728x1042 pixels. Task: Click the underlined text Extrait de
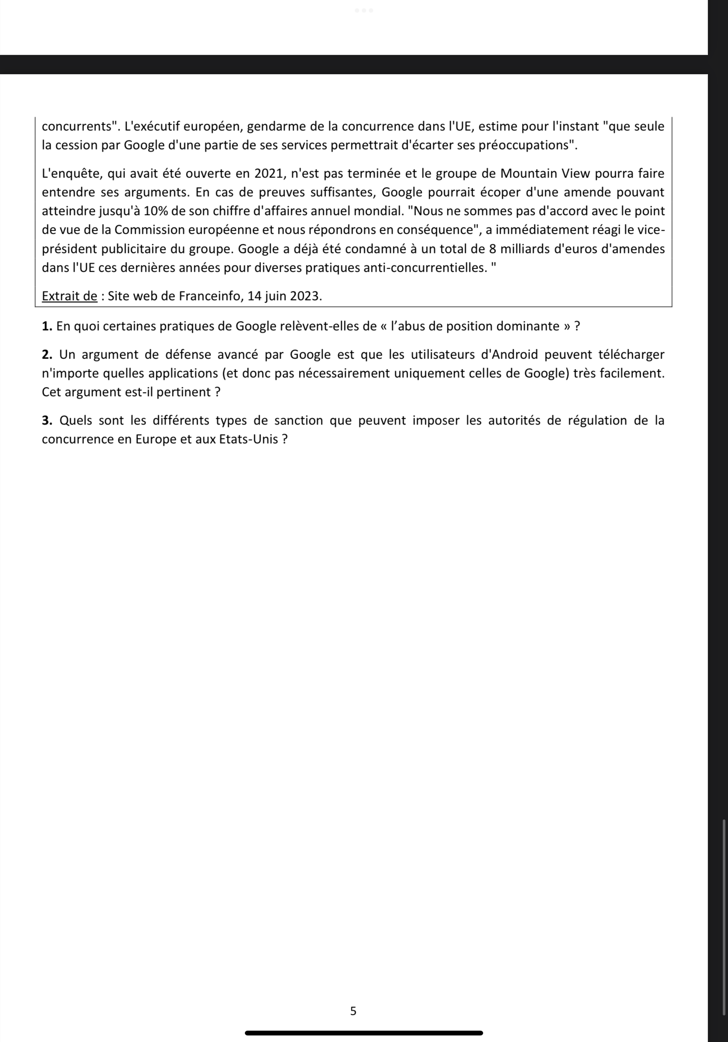(69, 296)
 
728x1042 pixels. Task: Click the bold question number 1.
(47, 327)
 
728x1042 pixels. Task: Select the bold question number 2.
(47, 355)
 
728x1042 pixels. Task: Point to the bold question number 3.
(47, 421)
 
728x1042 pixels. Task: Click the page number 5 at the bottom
(353, 1011)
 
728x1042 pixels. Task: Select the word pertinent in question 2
(183, 393)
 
